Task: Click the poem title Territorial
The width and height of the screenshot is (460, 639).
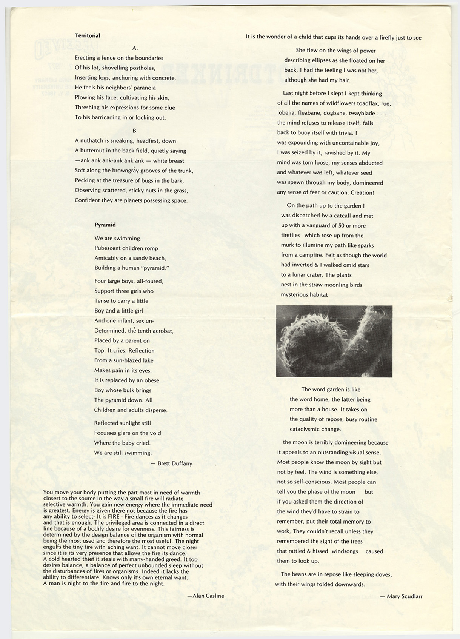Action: (x=88, y=35)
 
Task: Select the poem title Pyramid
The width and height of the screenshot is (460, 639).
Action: (x=105, y=225)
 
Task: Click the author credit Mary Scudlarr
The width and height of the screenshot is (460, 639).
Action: (x=404, y=596)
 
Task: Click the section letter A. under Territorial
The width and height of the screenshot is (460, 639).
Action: (x=135, y=48)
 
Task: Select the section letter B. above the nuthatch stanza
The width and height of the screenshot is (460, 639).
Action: (x=135, y=131)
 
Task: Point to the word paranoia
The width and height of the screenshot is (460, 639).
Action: (x=143, y=88)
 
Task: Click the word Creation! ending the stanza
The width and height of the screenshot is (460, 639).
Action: (x=362, y=192)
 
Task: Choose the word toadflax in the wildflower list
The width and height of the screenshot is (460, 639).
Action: (x=364, y=103)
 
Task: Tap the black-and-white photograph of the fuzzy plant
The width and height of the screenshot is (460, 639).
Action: (x=334, y=341)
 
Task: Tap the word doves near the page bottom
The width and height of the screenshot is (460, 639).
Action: (x=383, y=574)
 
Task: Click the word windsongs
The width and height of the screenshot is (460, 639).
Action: (x=345, y=551)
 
